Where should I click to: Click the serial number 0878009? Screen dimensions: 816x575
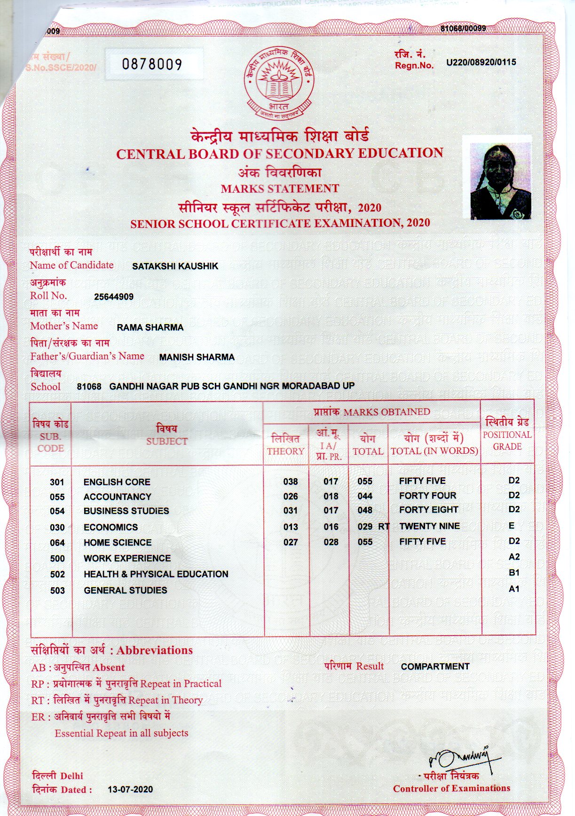pyautogui.click(x=152, y=64)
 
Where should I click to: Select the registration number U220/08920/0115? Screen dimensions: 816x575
pyautogui.click(x=481, y=62)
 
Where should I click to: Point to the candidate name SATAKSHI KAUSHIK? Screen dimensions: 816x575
pyautogui.click(x=175, y=266)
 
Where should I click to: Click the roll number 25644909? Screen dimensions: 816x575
pyautogui.click(x=114, y=297)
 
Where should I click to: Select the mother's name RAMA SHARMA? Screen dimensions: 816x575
pyautogui.click(x=150, y=327)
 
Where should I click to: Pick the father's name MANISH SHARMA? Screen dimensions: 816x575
pyautogui.click(x=197, y=357)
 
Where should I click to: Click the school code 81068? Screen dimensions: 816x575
pyautogui.click(x=89, y=387)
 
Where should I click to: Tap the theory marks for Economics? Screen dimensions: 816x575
pyautogui.click(x=291, y=527)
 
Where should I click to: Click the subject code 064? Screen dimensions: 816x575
pyautogui.click(x=57, y=543)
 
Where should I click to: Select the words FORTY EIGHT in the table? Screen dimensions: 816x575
pyautogui.click(x=428, y=510)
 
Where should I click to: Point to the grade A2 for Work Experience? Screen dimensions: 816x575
pyautogui.click(x=514, y=557)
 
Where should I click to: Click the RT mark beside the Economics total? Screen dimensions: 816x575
pyautogui.click(x=384, y=527)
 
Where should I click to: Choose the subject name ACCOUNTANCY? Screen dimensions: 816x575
pyautogui.click(x=118, y=497)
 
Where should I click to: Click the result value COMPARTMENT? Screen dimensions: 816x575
pyautogui.click(x=435, y=667)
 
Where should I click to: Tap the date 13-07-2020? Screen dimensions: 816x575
pyautogui.click(x=130, y=789)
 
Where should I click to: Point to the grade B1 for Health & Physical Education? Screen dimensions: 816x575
pyautogui.click(x=514, y=573)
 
